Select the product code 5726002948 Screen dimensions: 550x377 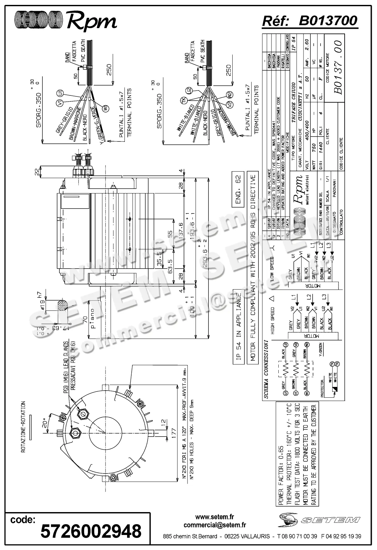(91, 530)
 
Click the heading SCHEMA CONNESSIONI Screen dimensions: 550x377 (266, 369)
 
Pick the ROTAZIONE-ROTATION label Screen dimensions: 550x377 (23, 427)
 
